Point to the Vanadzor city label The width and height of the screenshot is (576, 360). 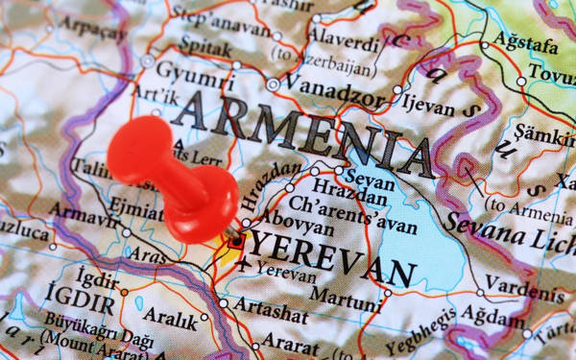point(331,85)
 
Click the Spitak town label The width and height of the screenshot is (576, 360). point(206,45)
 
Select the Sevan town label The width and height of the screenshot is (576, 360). point(368,180)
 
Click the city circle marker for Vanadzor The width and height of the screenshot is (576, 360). point(273,84)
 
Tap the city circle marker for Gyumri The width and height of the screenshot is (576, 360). point(147,60)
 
